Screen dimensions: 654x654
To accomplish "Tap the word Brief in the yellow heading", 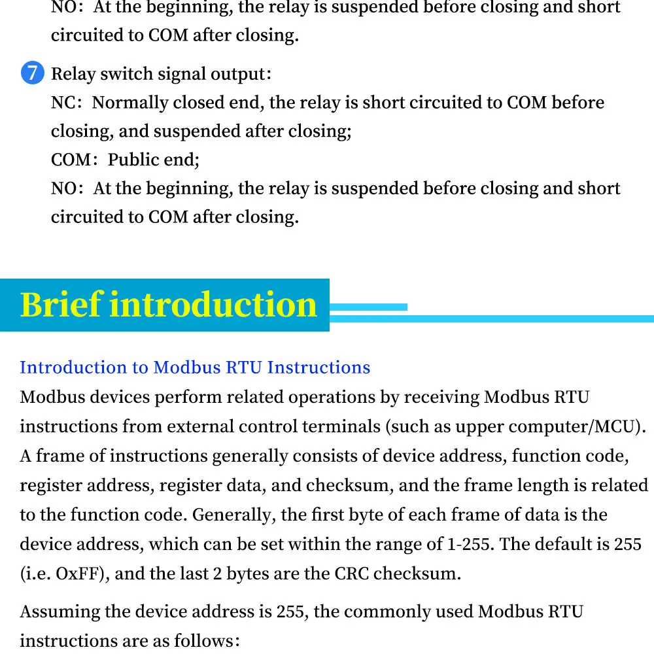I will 61,305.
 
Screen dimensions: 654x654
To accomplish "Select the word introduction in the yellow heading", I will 213,305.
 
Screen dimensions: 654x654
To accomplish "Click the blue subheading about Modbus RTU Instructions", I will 195,368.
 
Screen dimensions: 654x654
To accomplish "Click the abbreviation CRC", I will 354,574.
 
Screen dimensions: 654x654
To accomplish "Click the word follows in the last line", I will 203,640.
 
